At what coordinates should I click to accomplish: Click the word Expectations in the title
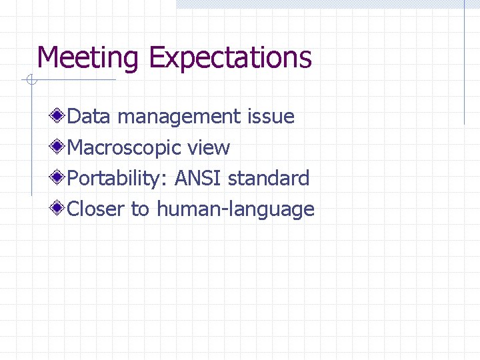click(x=230, y=59)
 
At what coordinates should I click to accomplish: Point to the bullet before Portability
click(x=59, y=178)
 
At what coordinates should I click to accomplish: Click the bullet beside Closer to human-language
click(x=59, y=209)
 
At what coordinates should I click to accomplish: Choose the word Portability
click(x=118, y=179)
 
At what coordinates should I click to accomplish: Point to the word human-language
click(x=235, y=210)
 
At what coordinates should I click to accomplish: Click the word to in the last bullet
click(x=140, y=209)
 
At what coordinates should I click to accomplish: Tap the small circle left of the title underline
click(x=31, y=81)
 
